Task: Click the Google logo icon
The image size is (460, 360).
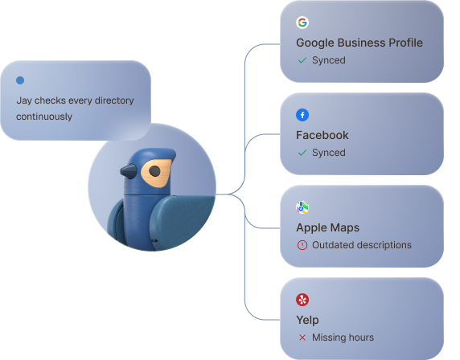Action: tap(302, 22)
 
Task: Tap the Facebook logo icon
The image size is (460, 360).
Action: tap(302, 115)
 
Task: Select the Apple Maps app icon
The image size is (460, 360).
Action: tap(302, 207)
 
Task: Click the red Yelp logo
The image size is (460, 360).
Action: tap(302, 300)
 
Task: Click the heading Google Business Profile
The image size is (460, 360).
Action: tap(359, 43)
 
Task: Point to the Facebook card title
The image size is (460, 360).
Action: tap(322, 135)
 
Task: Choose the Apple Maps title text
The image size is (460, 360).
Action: tap(327, 227)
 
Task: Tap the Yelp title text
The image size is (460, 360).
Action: tap(307, 320)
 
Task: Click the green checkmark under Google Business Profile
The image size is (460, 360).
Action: tap(302, 60)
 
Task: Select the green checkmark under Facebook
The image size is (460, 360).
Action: tap(302, 153)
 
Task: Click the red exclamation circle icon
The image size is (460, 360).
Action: tap(302, 245)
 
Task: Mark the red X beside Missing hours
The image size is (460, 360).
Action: tap(302, 337)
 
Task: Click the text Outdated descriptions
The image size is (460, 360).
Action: tap(362, 245)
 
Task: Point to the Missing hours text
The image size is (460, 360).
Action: tap(343, 337)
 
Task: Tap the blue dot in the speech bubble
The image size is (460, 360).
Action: tap(20, 80)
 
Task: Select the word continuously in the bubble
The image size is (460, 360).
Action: tap(44, 117)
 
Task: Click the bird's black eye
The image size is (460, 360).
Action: tap(154, 171)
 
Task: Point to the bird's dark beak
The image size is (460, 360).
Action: tap(128, 171)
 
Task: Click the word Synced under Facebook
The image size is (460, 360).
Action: tap(329, 153)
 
